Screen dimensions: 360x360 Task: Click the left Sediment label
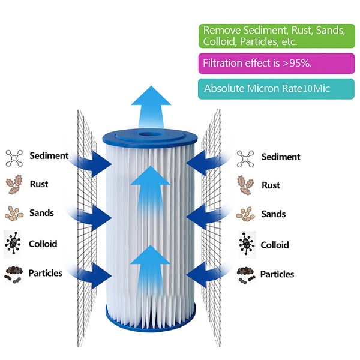[x=49, y=156]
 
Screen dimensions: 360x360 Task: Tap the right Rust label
[x=271, y=185]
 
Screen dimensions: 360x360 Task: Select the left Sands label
[x=41, y=213]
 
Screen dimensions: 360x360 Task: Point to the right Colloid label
[x=275, y=245]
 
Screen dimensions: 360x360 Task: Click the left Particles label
[x=46, y=273]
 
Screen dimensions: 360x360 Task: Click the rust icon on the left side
[x=13, y=184]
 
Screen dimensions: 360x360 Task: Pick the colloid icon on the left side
[x=13, y=243]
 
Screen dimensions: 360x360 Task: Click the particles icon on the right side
[x=245, y=274]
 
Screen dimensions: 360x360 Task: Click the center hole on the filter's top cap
[x=147, y=131]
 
